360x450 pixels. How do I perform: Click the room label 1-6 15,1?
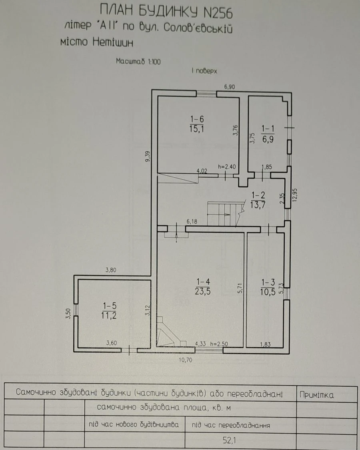point(197,124)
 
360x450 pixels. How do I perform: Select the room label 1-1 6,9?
point(268,134)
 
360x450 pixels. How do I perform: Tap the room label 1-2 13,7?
point(258,200)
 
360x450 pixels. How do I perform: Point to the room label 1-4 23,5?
point(203,286)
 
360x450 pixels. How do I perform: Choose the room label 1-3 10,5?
point(268,287)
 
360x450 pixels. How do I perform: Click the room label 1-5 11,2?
point(109,310)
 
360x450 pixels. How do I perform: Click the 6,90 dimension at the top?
point(230,86)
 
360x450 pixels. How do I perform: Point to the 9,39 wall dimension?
point(148,157)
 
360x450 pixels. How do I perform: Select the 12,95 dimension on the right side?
point(295,195)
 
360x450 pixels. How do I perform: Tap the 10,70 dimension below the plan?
point(186,360)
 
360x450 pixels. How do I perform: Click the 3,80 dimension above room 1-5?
point(111,270)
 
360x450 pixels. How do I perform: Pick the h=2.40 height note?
point(227,167)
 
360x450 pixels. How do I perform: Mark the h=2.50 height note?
point(219,344)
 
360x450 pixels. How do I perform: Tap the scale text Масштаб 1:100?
point(138,61)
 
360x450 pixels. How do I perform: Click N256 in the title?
point(218,13)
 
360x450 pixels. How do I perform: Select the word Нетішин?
point(113,42)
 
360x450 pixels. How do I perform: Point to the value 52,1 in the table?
point(229,440)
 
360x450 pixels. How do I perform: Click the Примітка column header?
point(317,395)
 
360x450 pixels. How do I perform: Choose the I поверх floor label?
point(204,71)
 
